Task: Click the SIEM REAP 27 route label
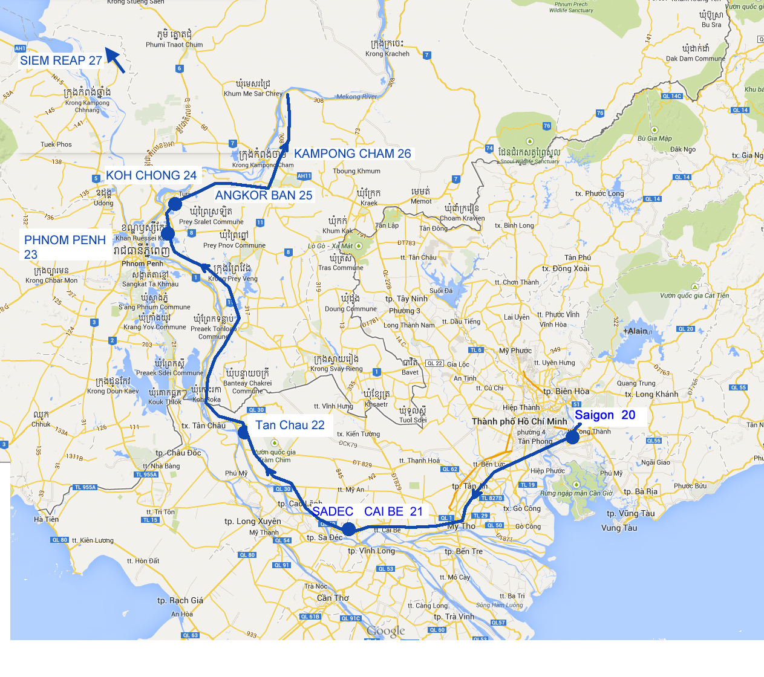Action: (60, 60)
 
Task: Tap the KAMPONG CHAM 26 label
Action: (352, 154)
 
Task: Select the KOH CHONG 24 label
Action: (151, 175)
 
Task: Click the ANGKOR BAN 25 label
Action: (264, 195)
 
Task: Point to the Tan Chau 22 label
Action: (290, 426)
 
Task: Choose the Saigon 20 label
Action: (604, 415)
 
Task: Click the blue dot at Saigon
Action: (572, 436)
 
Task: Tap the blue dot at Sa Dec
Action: (348, 530)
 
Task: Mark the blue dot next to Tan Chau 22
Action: (243, 432)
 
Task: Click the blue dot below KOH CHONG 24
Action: (175, 204)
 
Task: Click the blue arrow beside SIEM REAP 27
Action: (116, 61)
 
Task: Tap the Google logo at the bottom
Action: (386, 631)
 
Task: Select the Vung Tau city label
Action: (619, 528)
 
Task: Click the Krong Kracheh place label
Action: (387, 54)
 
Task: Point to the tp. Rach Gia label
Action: (180, 600)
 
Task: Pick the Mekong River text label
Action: (356, 97)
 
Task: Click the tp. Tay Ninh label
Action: (406, 299)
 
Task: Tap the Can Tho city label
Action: (333, 598)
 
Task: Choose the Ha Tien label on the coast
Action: (47, 519)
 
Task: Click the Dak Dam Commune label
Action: (695, 59)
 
